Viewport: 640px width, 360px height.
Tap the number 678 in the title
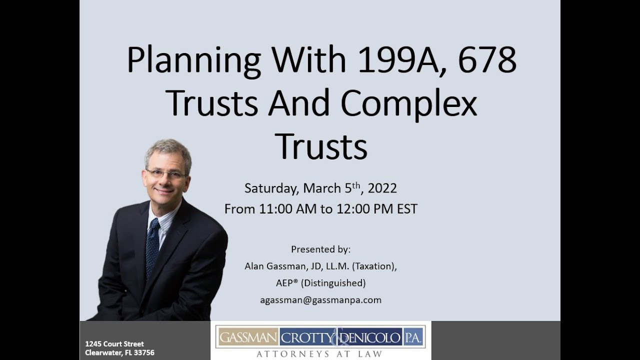tap(484, 60)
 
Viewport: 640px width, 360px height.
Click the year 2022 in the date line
tap(382, 188)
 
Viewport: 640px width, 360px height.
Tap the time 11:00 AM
tap(287, 208)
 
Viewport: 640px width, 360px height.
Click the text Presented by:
tap(320, 249)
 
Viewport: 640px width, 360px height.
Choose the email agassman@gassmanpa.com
tap(320, 300)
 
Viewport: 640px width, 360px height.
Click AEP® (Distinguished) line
tap(320, 283)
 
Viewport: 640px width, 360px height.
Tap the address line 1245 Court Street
tap(114, 344)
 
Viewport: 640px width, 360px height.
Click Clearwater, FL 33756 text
tap(119, 353)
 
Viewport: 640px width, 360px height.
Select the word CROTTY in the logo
tap(306, 338)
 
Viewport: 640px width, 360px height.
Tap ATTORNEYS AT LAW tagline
tap(320, 354)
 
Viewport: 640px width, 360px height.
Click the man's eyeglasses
tap(166, 173)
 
